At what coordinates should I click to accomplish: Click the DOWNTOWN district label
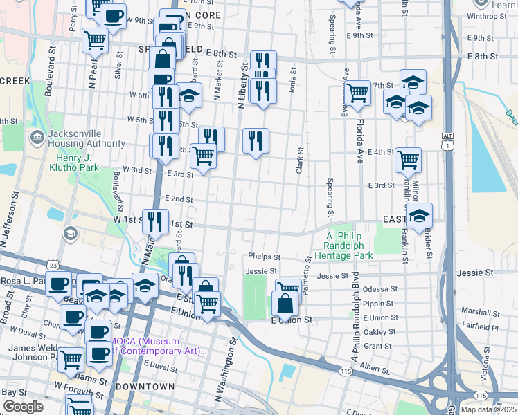145,386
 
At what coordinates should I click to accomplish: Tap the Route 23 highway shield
53,265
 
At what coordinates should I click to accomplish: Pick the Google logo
23,407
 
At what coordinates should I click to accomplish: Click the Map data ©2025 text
488,409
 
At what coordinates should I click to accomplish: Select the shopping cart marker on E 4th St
408,160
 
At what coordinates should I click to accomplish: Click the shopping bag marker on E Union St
285,303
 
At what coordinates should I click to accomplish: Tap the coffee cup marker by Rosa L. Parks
59,283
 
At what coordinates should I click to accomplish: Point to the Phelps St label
264,257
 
